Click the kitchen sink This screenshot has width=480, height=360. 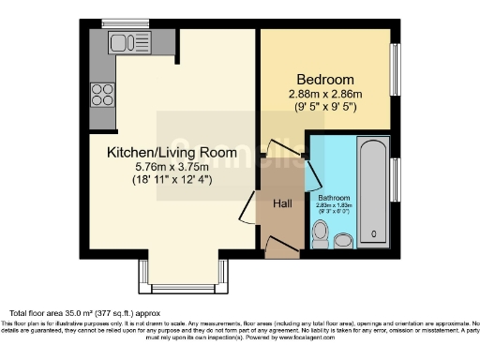[x=123, y=42]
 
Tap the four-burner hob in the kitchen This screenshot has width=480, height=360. [x=102, y=94]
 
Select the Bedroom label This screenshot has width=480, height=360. [x=325, y=79]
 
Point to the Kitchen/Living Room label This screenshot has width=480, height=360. [x=171, y=152]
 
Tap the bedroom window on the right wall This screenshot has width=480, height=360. [x=396, y=69]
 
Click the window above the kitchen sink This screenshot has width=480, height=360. [x=120, y=22]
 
